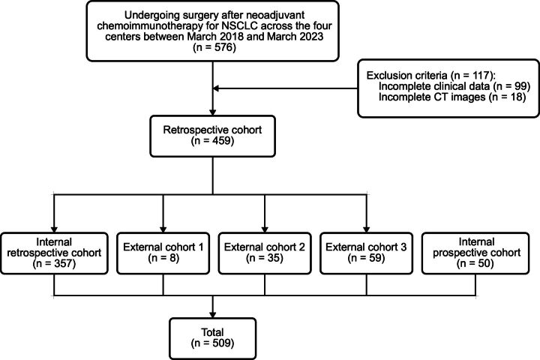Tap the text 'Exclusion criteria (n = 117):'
pyautogui.click(x=430, y=76)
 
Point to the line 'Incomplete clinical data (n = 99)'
pyautogui.click(x=454, y=86)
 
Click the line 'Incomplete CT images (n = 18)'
pyautogui.click(x=452, y=97)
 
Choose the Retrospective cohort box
pyautogui.click(x=212, y=136)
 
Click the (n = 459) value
pyautogui.click(x=212, y=141)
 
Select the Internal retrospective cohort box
pyautogui.click(x=54, y=253)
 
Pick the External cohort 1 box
pyautogui.click(x=163, y=253)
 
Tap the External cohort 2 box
pyautogui.click(x=265, y=253)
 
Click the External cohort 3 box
pyautogui.click(x=366, y=253)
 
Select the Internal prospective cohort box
pyautogui.click(x=475, y=253)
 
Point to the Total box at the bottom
pyautogui.click(x=212, y=339)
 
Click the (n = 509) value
pyautogui.click(x=212, y=343)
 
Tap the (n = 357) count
pyautogui.click(x=54, y=263)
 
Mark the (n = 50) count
pyautogui.click(x=475, y=263)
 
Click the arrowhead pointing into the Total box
pyautogui.click(x=212, y=314)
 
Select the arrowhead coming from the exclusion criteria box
pyautogui.click(x=216, y=88)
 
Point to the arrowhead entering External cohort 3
pyautogui.click(x=366, y=229)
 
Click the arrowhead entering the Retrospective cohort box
pyautogui.click(x=212, y=112)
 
